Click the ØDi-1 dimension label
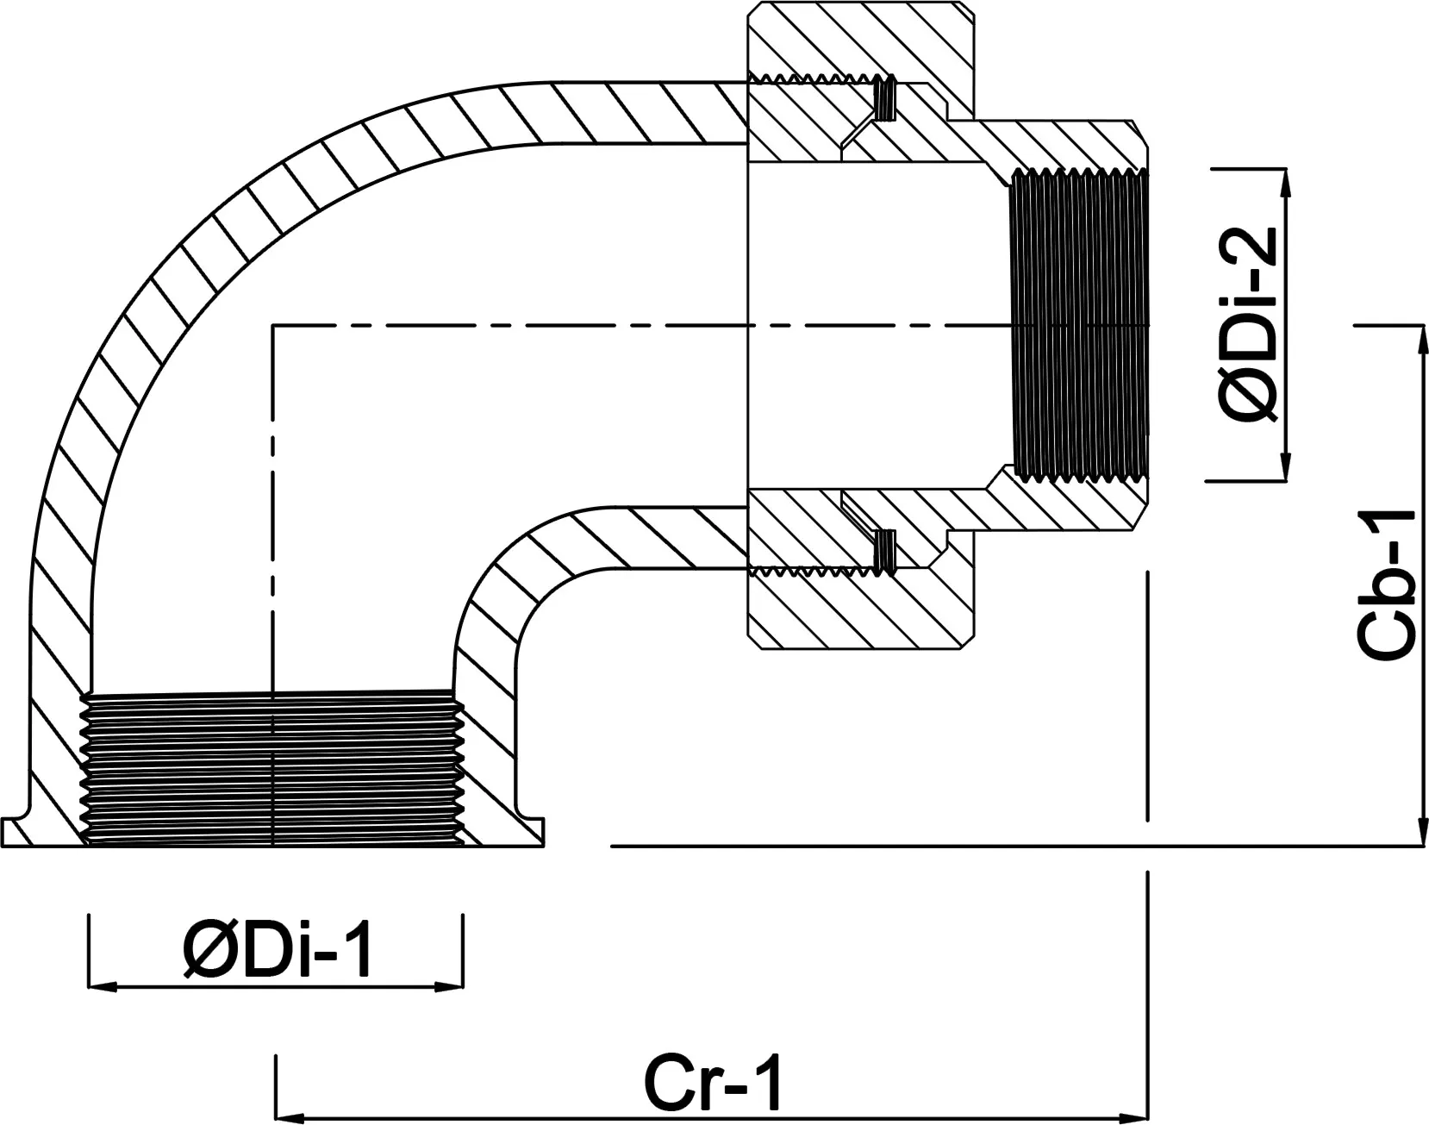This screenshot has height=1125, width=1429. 278,952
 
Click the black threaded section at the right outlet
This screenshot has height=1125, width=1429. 1079,325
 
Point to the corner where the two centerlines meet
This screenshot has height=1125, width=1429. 272,325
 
